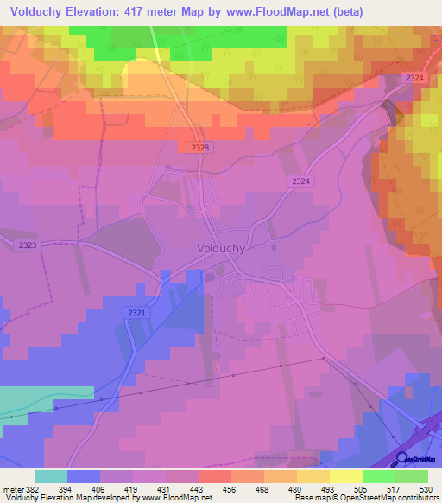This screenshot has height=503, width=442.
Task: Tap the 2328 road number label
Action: coord(199,148)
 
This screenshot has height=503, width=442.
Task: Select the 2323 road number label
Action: coord(28,245)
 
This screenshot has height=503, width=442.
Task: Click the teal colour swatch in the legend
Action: coord(51,476)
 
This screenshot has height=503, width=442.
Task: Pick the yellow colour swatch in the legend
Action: coord(345,476)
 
